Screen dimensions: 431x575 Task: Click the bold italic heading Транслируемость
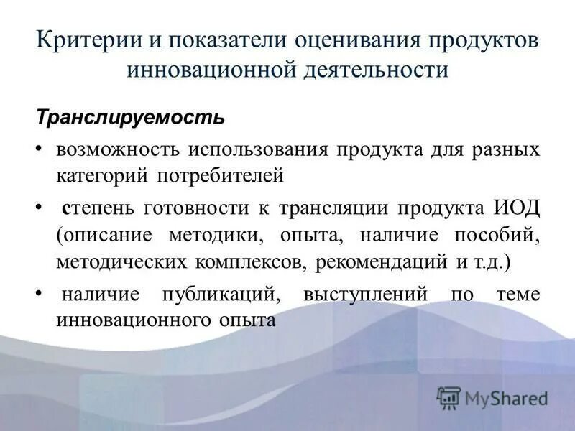click(x=131, y=116)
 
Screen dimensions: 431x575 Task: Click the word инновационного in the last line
click(x=132, y=320)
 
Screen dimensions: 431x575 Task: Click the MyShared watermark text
click(x=506, y=397)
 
